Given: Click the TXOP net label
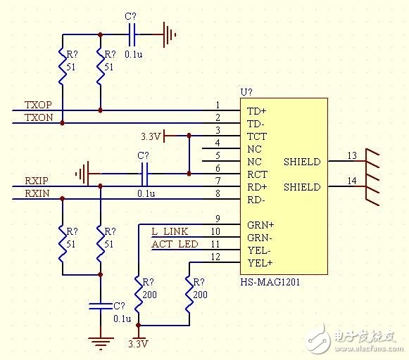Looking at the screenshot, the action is point(38,105).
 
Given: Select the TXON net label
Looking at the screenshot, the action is point(39,117).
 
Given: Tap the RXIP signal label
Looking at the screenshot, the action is point(37,181).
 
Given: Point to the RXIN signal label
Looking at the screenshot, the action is point(37,193).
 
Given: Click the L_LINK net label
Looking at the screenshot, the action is point(170,231).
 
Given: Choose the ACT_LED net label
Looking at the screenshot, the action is point(175,245).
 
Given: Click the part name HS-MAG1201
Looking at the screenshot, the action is point(270,282).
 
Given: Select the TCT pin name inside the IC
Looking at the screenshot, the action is point(257,136).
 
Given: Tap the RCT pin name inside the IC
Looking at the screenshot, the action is point(257,174).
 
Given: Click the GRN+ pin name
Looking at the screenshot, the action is point(260,225).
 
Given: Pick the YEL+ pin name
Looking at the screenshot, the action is point(260,263).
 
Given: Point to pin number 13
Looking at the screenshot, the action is point(352,156).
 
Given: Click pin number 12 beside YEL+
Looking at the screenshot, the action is point(215,257).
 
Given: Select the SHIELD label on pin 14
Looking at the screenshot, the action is point(302,187).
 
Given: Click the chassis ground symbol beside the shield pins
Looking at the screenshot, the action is point(372,177).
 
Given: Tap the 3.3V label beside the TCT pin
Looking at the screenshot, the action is point(151,136).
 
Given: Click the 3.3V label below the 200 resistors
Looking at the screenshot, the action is point(138,344).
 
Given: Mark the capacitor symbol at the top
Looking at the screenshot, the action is point(132,34).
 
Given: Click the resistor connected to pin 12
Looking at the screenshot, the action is point(189,294).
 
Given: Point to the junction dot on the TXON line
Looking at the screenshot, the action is point(62,123).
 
